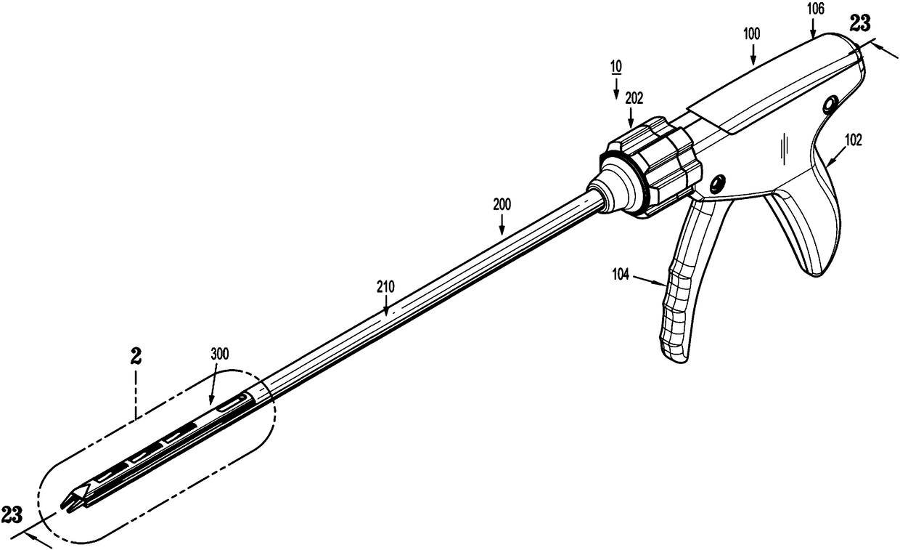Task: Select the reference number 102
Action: (x=854, y=142)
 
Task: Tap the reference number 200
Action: (x=502, y=206)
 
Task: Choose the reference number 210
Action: (x=385, y=287)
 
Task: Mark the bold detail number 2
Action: (x=135, y=357)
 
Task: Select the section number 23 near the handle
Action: (x=861, y=23)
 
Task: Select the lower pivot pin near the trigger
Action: (x=719, y=181)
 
